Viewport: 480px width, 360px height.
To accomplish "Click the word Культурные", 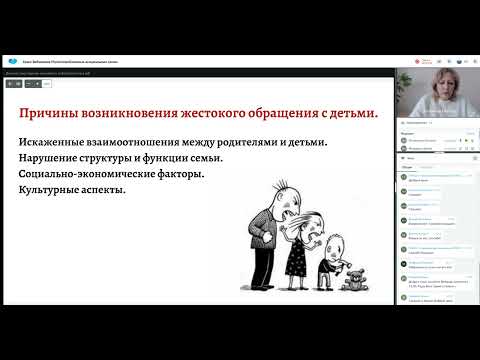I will tap(48, 190).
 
